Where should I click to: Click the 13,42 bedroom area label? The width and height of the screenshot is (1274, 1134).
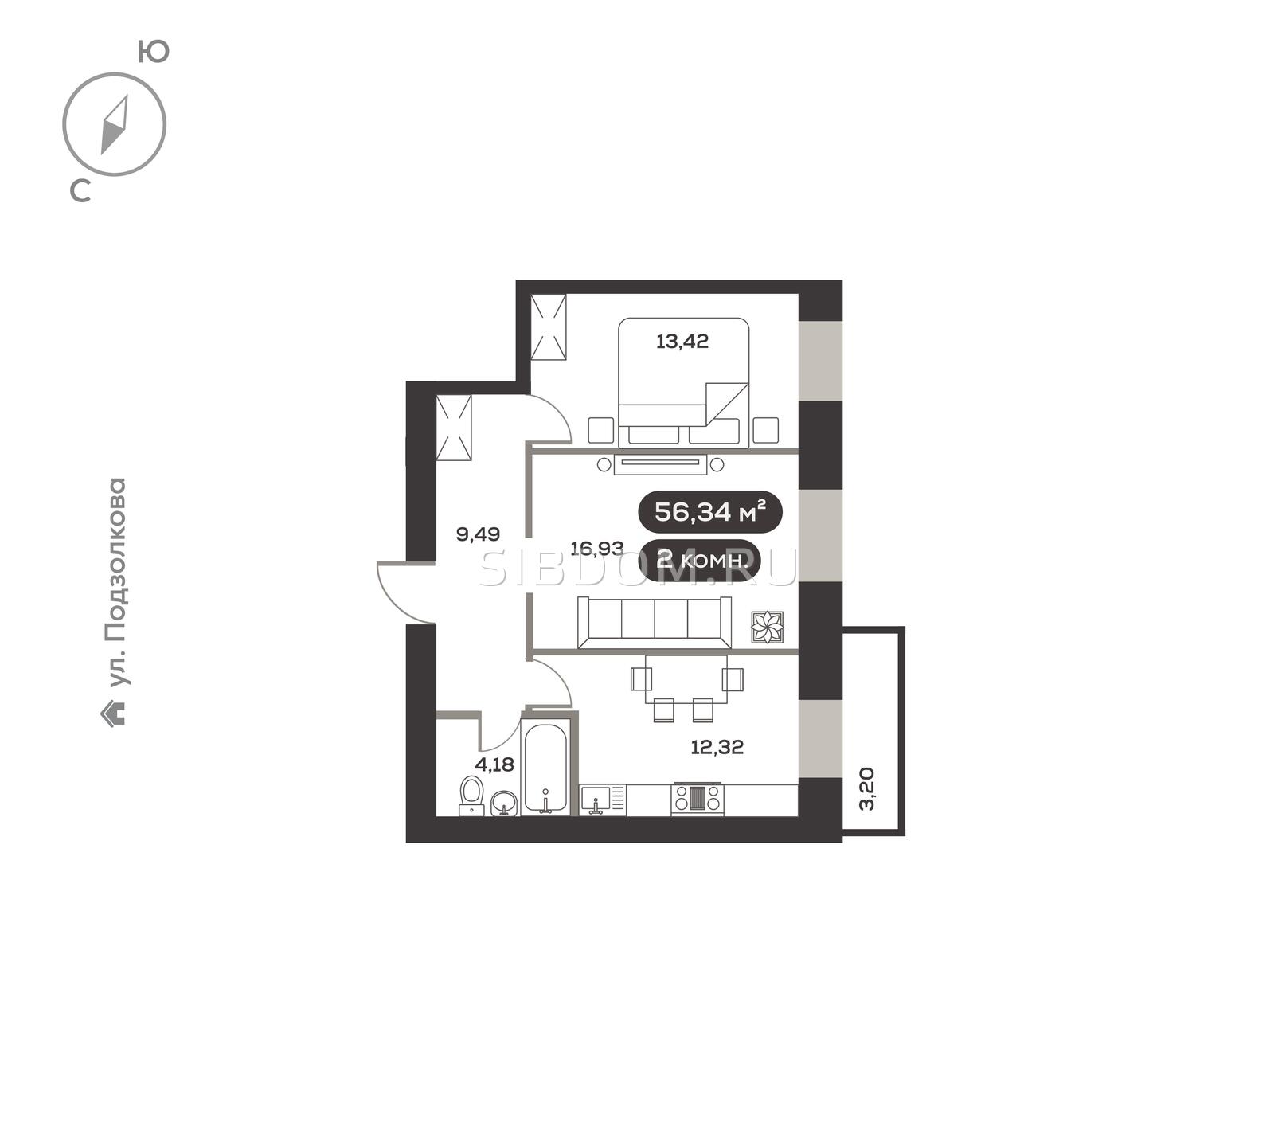(682, 342)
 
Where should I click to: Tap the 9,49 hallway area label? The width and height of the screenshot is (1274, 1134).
(478, 534)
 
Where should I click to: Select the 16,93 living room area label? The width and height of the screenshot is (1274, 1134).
(597, 548)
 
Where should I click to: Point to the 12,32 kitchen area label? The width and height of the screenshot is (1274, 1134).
(717, 747)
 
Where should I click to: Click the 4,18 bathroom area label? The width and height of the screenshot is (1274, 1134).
(494, 764)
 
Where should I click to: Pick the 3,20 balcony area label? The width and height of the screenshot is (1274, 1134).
(867, 788)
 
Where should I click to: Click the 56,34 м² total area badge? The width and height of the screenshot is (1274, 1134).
(710, 512)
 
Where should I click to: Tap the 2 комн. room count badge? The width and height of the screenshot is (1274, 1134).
(701, 560)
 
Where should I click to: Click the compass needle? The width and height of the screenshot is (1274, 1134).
(115, 125)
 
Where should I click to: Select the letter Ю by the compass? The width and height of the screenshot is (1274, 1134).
(154, 52)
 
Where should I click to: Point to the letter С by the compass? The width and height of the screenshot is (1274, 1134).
(80, 190)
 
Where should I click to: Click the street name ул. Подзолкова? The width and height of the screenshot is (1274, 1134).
(116, 583)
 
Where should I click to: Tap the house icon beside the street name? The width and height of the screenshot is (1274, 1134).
(113, 713)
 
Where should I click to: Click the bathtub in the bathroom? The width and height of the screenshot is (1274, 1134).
(545, 767)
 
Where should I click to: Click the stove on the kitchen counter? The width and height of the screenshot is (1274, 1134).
(698, 799)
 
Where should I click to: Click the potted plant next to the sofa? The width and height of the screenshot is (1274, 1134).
(768, 628)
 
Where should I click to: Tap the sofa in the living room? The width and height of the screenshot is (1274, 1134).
(655, 623)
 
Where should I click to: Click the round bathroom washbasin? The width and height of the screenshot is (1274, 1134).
(503, 804)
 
